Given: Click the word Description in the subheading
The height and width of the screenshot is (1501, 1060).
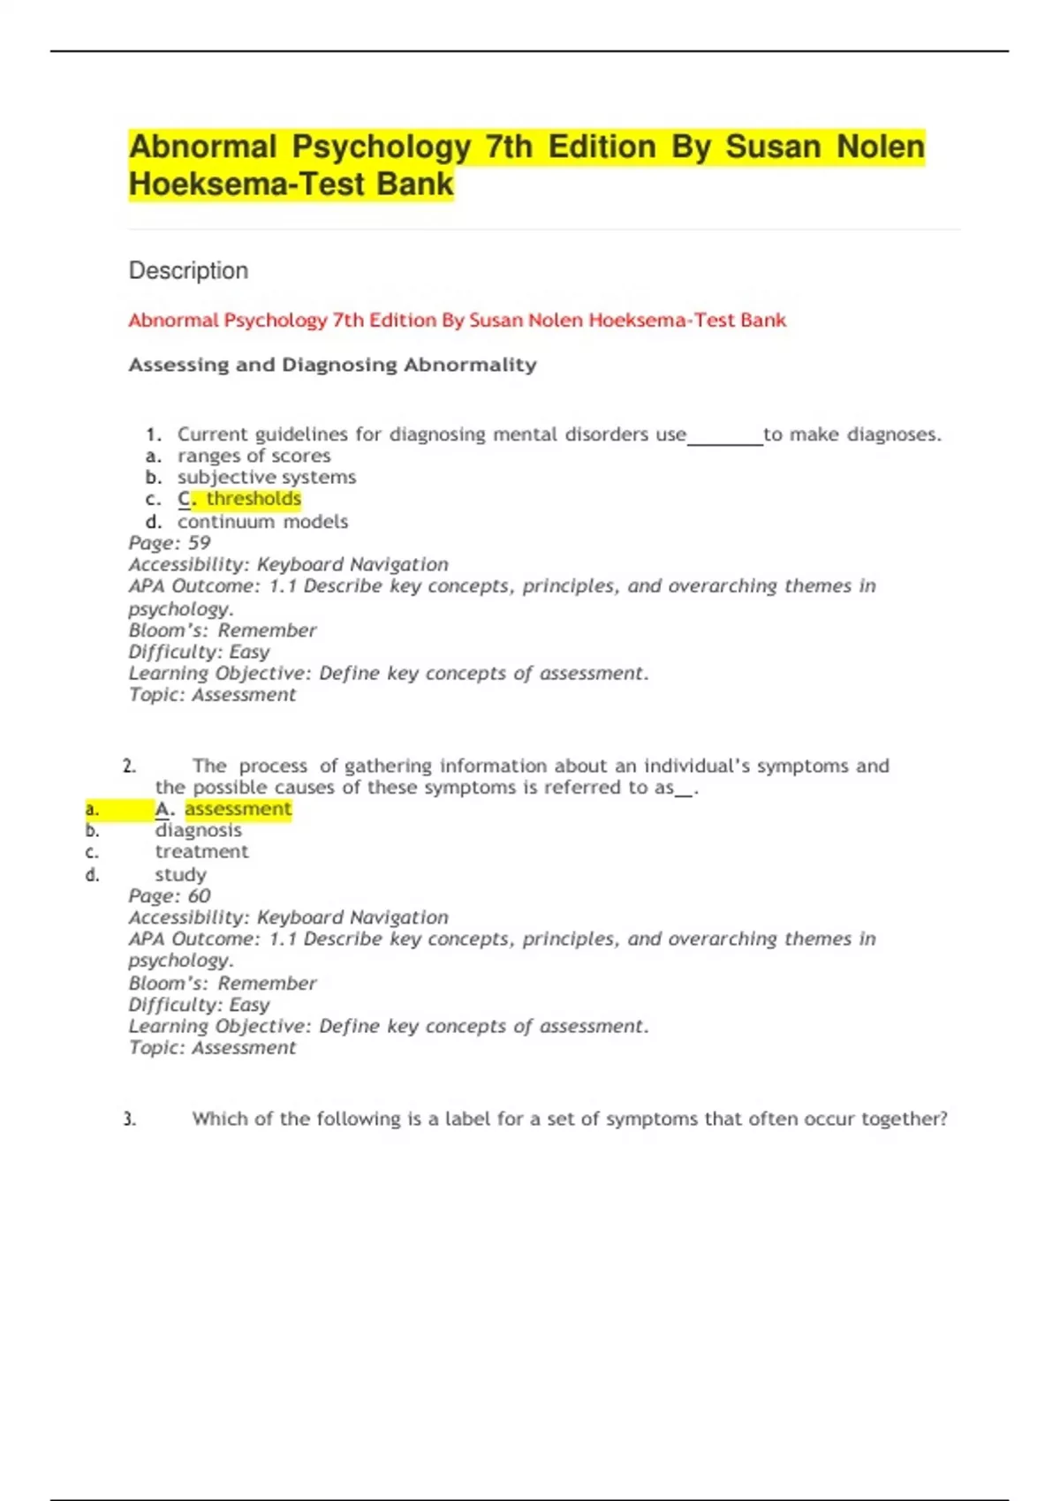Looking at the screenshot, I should tap(188, 270).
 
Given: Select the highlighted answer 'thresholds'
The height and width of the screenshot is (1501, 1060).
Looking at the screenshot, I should tap(254, 499).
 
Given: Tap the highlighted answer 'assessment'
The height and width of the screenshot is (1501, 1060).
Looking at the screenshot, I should tap(238, 809).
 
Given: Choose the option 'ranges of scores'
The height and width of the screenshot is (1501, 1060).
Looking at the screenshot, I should tap(254, 456).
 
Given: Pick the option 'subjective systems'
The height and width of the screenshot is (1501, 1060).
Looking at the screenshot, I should tap(266, 477).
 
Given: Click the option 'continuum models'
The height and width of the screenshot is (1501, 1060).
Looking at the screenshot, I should tap(262, 522).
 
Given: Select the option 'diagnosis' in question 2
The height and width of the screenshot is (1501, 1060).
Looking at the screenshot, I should tap(198, 830).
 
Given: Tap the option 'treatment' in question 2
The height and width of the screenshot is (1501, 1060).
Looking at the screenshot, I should tap(201, 852).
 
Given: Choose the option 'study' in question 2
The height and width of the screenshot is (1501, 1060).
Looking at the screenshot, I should tap(180, 874).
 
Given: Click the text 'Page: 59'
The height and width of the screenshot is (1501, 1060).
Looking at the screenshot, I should tap(170, 543).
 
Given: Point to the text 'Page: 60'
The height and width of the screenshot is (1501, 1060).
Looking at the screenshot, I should tap(170, 895).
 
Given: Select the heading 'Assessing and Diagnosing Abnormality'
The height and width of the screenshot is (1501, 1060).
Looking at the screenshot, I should tap(332, 365).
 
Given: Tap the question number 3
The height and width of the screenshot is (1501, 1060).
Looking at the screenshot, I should tap(130, 1119).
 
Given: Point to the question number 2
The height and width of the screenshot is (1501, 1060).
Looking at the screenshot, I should tap(130, 766).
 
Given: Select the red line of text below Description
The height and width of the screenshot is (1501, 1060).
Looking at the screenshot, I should tap(457, 320).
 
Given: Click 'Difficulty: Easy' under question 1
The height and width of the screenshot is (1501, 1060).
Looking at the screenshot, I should tap(199, 652).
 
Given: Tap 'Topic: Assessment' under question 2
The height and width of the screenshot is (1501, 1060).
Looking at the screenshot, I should tap(212, 1047).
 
